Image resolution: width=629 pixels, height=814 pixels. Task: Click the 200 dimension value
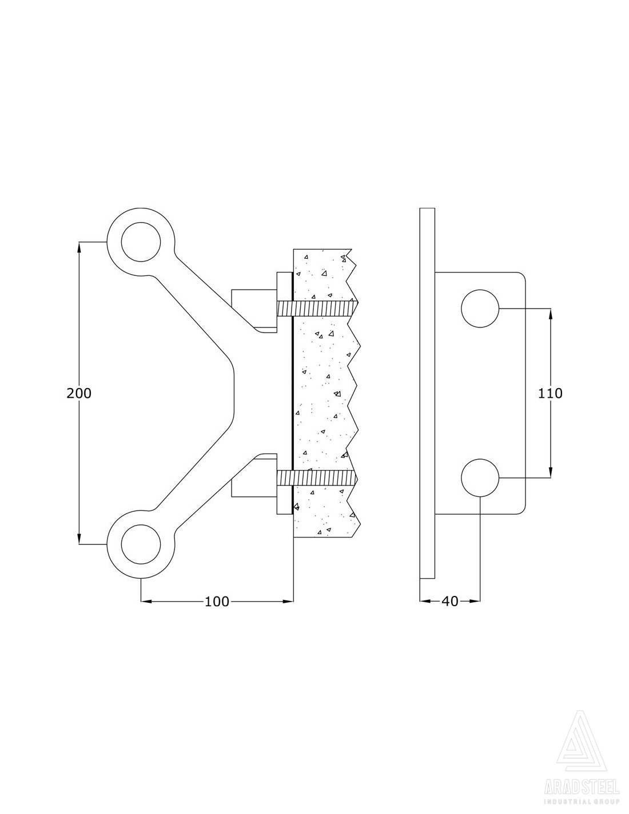(79, 393)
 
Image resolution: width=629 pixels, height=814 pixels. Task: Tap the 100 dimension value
(217, 602)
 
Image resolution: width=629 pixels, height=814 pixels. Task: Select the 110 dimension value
(551, 393)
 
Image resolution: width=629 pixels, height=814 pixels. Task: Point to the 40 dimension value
(450, 602)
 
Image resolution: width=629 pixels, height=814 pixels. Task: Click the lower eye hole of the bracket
(141, 544)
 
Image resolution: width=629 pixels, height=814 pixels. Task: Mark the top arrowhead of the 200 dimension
(79, 246)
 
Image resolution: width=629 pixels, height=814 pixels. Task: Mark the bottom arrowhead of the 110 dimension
(551, 473)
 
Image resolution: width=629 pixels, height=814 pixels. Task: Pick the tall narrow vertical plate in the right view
(427, 393)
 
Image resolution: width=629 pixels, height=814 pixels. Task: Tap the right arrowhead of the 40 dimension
(475, 601)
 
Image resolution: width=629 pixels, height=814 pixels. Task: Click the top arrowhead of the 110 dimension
(551, 313)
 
